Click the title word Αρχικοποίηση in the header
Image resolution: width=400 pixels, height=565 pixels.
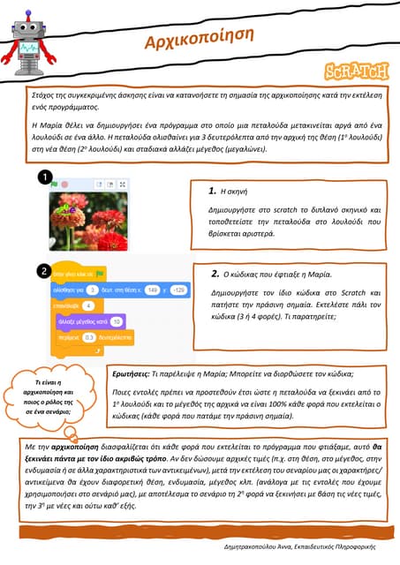199,40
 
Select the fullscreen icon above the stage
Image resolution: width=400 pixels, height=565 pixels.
122,185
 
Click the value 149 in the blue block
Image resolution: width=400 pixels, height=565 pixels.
152,289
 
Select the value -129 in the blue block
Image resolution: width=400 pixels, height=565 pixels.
179,289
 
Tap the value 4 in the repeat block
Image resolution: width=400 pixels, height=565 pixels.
88,305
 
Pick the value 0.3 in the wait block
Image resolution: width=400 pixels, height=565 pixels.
89,337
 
